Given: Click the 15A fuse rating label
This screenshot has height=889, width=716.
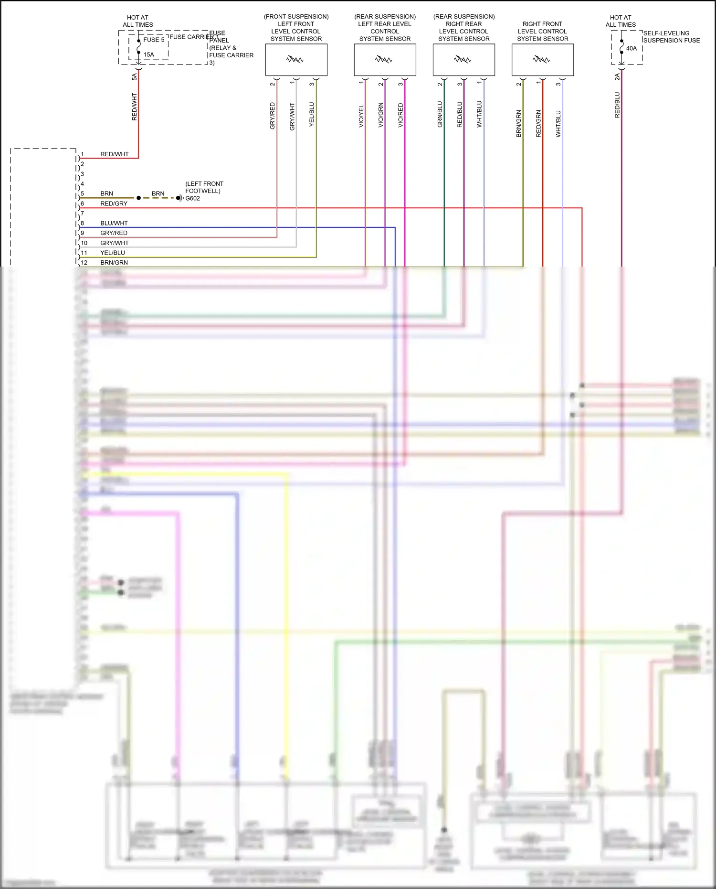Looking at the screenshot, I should (x=148, y=54).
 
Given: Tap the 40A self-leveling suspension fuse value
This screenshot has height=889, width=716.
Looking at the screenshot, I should (x=631, y=48).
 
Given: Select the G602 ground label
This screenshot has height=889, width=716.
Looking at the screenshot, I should (x=192, y=198).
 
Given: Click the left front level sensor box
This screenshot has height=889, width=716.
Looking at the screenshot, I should (x=296, y=60).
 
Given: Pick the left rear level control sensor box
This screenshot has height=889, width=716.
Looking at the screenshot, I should (x=385, y=60).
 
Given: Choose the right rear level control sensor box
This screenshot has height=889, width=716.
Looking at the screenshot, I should (x=463, y=60).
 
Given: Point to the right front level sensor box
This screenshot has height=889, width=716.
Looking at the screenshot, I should (x=542, y=60).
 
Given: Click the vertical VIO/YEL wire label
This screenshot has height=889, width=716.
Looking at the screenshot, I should (x=361, y=116).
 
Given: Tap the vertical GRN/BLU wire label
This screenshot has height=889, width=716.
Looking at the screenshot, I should (x=440, y=114).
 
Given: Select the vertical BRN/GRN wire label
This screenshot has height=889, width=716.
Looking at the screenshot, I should (x=519, y=124).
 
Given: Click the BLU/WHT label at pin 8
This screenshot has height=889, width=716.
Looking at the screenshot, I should (x=114, y=223).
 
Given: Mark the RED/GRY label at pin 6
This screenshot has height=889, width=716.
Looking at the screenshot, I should (x=114, y=204).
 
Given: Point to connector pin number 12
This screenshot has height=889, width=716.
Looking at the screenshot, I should (x=84, y=262).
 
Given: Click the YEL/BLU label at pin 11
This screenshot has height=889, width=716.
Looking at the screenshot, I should (x=113, y=253).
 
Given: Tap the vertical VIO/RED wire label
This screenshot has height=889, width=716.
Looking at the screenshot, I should (x=400, y=115).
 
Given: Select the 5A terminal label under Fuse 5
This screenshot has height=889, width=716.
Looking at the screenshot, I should (x=135, y=76).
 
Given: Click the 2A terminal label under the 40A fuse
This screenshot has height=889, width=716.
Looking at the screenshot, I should (x=617, y=76).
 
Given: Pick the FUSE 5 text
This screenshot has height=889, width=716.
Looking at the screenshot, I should (x=154, y=40).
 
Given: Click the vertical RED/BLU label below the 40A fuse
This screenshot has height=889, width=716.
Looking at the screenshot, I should (x=617, y=105).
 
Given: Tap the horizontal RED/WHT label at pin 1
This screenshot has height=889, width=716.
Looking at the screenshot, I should (x=114, y=154).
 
